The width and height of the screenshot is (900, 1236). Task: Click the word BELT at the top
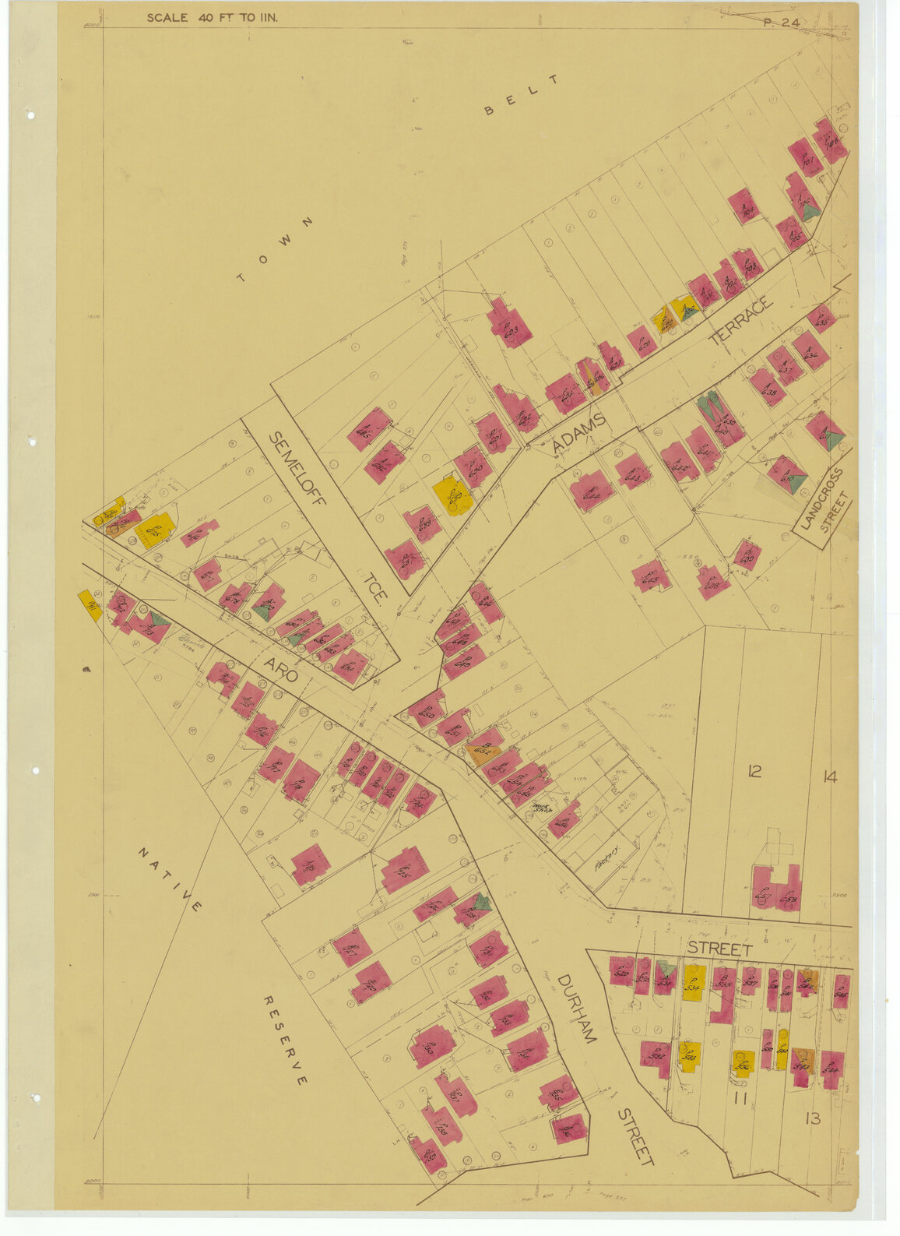(x=522, y=94)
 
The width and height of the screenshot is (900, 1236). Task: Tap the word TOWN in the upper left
(x=276, y=250)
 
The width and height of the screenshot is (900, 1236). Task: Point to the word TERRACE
(x=741, y=320)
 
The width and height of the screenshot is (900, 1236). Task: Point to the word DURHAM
(x=577, y=1008)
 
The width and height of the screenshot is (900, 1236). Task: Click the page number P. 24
(x=781, y=23)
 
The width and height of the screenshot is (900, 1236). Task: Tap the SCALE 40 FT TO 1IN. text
(x=212, y=18)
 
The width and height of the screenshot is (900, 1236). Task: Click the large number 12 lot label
(x=754, y=772)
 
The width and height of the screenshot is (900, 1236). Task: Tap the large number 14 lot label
(x=829, y=776)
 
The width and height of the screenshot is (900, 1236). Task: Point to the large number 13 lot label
(x=812, y=1118)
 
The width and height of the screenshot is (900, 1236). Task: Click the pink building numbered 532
(x=655, y=1055)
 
